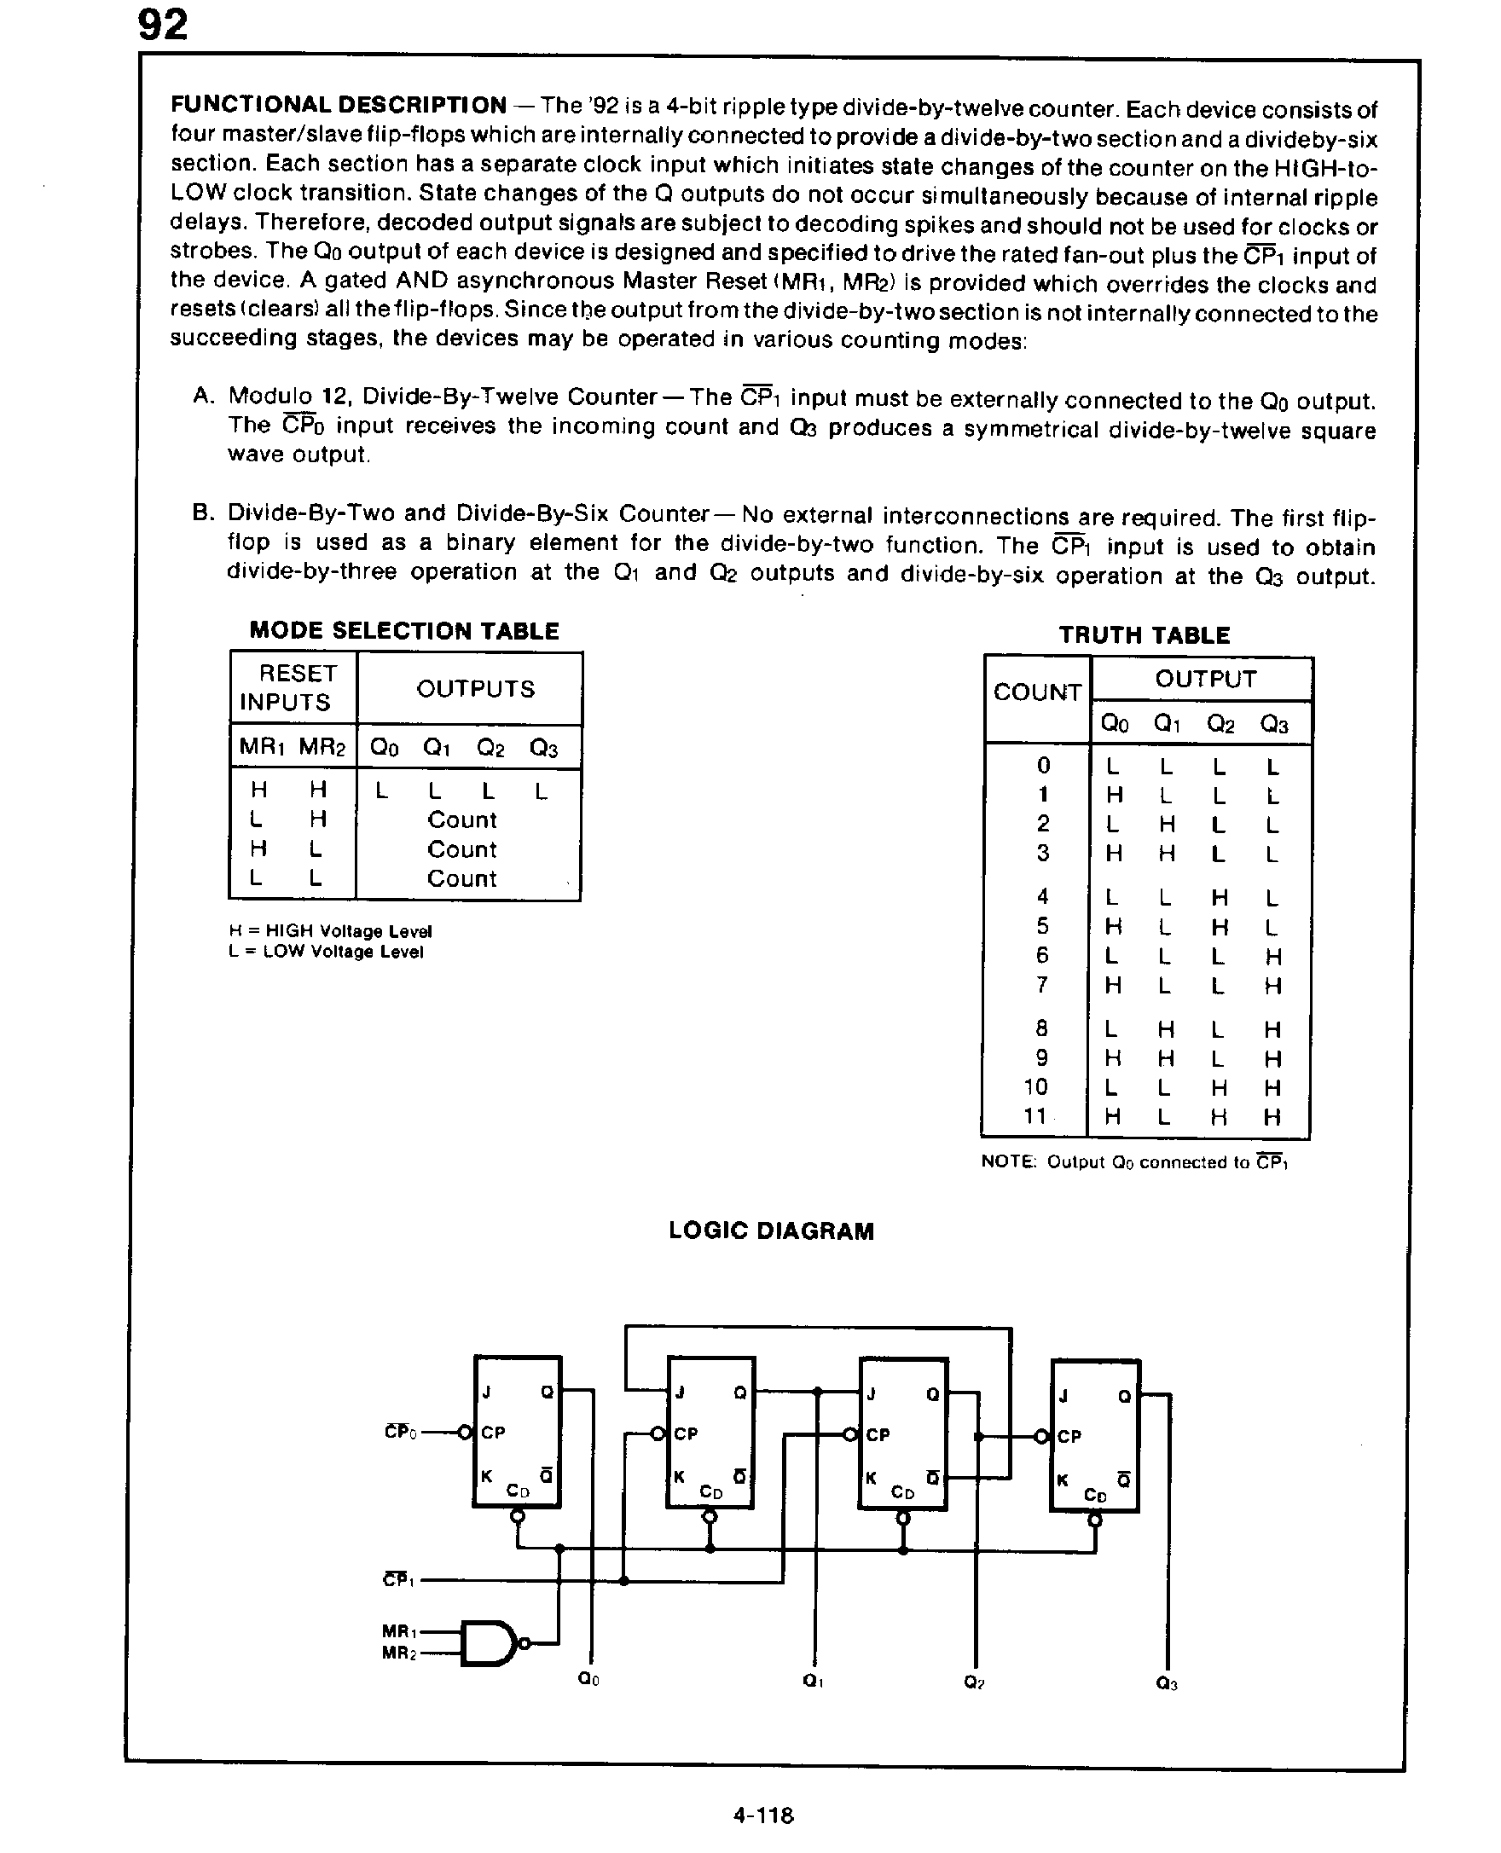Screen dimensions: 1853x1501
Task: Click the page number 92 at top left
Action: point(163,26)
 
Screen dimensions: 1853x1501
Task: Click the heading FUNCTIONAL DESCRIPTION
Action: point(338,106)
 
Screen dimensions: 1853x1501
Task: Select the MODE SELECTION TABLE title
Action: point(403,630)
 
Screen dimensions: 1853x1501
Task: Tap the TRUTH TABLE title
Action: point(1144,635)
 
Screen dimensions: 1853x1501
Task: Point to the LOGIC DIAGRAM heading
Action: point(771,1231)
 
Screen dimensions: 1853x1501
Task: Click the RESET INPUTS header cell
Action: point(293,687)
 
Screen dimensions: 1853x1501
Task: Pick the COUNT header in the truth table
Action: point(1037,692)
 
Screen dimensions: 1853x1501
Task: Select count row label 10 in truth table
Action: point(1036,1087)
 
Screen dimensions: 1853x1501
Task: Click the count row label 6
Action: point(1042,955)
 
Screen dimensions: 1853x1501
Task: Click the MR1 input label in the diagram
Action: point(398,1631)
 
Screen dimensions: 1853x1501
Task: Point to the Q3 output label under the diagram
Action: point(1167,1683)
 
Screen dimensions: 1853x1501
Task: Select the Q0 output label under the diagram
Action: point(588,1679)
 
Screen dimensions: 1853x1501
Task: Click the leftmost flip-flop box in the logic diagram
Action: point(517,1432)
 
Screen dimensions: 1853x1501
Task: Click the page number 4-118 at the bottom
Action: point(762,1815)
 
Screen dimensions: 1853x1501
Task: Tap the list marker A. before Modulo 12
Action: point(203,396)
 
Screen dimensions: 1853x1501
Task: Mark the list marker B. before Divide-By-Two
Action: point(203,512)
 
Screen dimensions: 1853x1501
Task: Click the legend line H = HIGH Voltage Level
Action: point(330,931)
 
